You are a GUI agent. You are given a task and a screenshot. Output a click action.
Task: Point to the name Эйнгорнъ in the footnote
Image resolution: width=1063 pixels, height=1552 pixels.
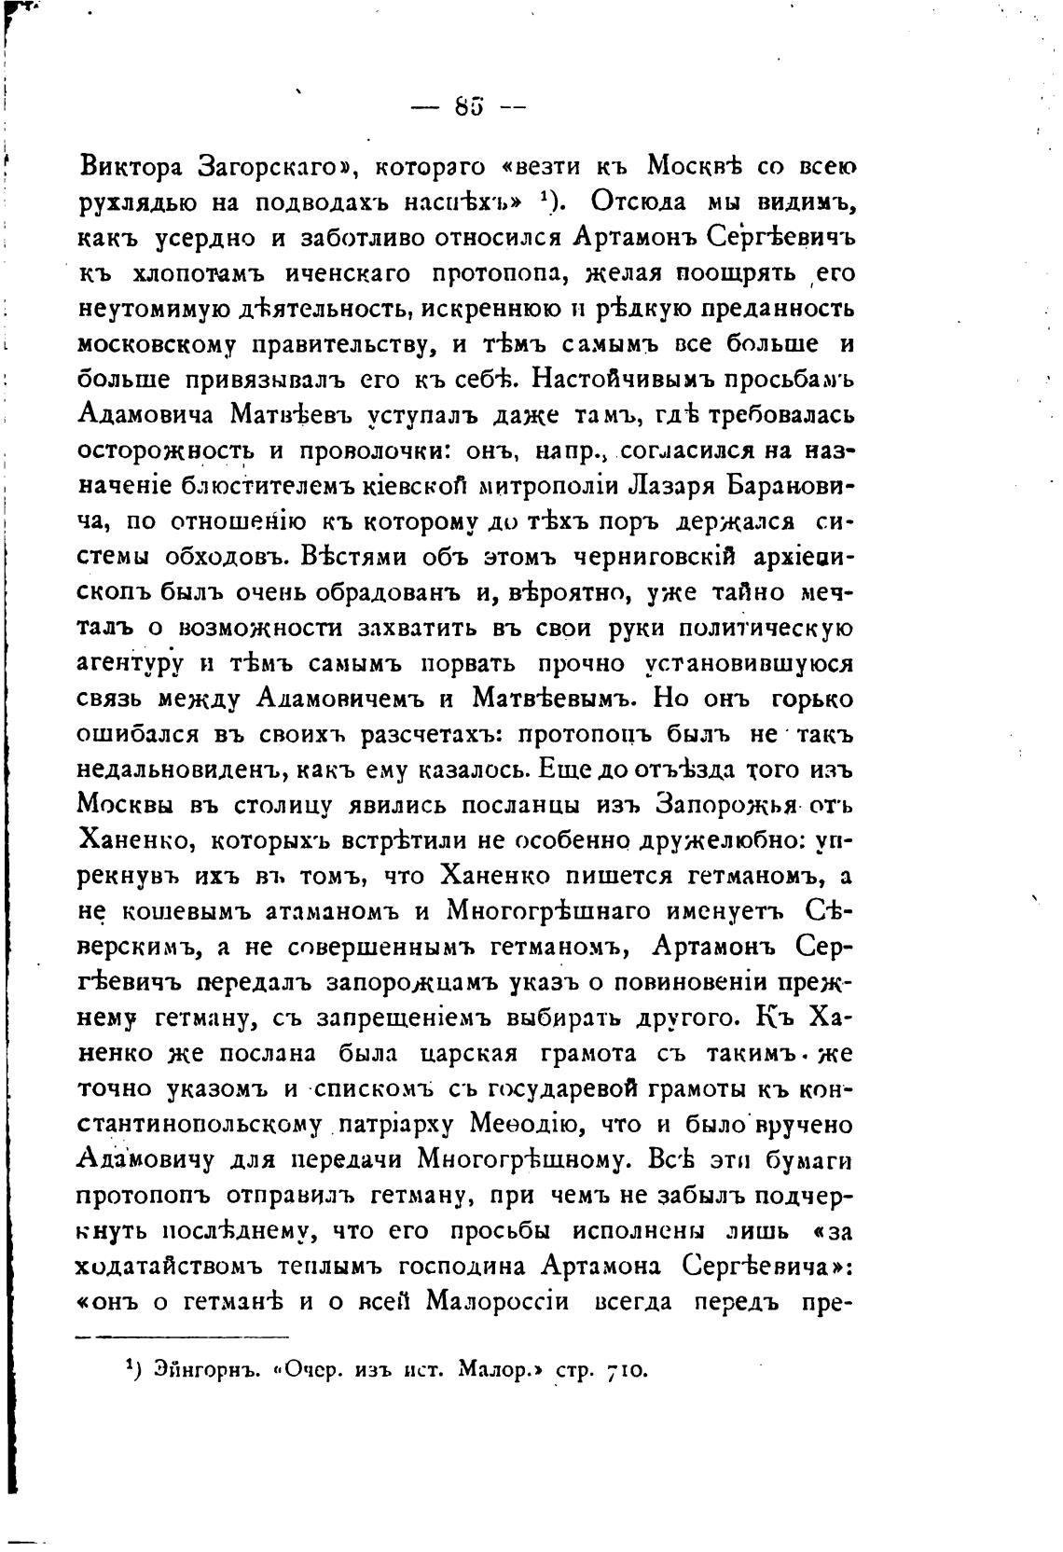(x=199, y=1370)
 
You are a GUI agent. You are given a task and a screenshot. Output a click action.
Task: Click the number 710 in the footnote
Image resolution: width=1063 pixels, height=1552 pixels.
(x=626, y=1370)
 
